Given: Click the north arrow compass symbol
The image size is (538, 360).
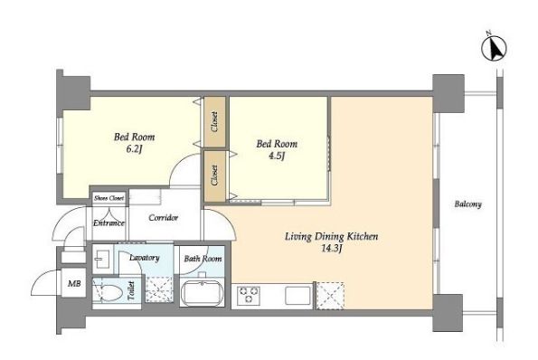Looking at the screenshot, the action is (495, 49).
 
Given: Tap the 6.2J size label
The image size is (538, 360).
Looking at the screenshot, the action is (134, 149).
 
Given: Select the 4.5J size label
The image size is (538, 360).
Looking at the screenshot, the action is (277, 156).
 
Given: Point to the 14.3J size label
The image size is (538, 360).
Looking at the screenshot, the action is (332, 249).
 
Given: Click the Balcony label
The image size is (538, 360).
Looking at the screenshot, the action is (468, 204).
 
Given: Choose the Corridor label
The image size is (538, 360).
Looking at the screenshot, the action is (164, 218).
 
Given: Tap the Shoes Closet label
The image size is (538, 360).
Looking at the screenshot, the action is (109, 198).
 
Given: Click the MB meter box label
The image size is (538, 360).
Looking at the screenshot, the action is (74, 284).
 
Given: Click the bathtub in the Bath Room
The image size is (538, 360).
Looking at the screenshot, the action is (202, 293).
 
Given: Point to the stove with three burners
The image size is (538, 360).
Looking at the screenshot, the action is (249, 295).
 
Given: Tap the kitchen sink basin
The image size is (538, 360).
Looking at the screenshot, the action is (297, 295).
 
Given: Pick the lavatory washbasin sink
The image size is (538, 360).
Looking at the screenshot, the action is (101, 259).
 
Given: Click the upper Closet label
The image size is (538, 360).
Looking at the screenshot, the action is (214, 122).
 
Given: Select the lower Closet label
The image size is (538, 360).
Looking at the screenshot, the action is (214, 175).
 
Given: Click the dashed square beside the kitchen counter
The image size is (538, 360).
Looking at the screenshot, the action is (330, 296).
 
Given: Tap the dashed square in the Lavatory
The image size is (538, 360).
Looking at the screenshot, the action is (159, 289).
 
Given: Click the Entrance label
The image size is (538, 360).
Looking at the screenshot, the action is (109, 223).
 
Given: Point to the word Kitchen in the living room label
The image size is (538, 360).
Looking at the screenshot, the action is (363, 236).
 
